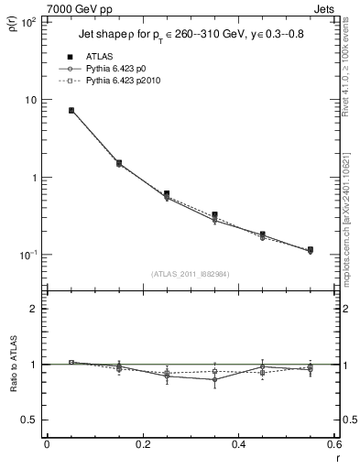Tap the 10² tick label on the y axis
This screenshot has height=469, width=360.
(27, 22)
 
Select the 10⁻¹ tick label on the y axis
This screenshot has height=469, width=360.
(27, 255)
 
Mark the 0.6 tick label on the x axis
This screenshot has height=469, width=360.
(334, 445)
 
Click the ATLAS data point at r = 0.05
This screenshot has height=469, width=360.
(71, 110)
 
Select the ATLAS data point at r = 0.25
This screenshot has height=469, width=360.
(167, 194)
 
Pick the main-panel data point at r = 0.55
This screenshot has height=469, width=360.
(311, 249)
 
